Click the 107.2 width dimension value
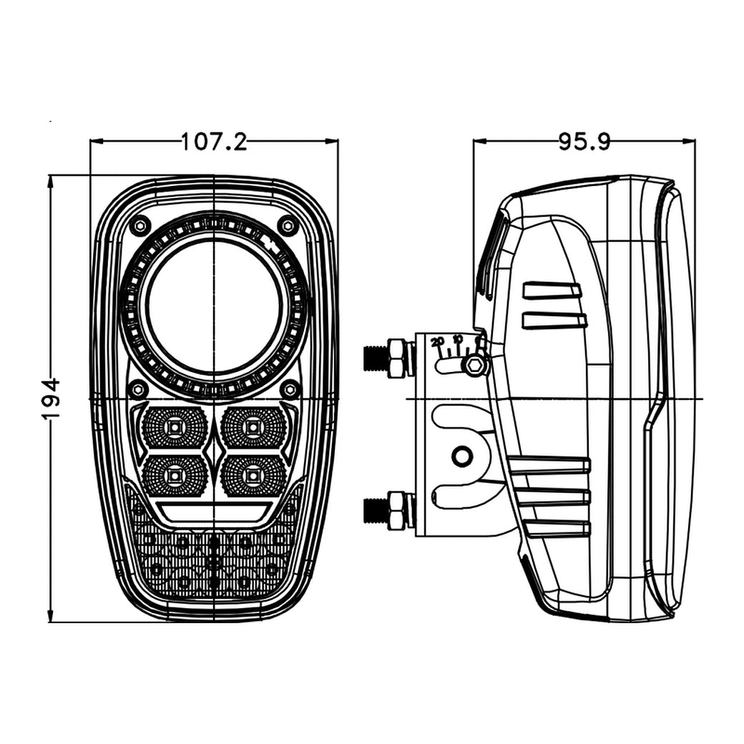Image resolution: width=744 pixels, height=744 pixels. tap(213, 142)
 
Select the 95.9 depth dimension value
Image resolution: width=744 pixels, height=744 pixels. tap(584, 142)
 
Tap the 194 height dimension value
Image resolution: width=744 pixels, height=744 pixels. tap(52, 398)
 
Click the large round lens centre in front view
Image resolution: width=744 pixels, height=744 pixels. tap(214, 306)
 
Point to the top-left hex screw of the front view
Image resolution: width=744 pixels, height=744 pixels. tap(140, 225)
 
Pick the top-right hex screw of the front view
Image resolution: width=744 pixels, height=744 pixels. tap(288, 225)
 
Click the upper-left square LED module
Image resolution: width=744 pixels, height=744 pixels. tap(175, 428)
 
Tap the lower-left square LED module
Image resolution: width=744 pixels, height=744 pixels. tap(175, 474)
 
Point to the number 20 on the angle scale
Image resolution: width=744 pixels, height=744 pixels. tap(438, 342)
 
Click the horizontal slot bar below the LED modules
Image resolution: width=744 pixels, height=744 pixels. tap(214, 511)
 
